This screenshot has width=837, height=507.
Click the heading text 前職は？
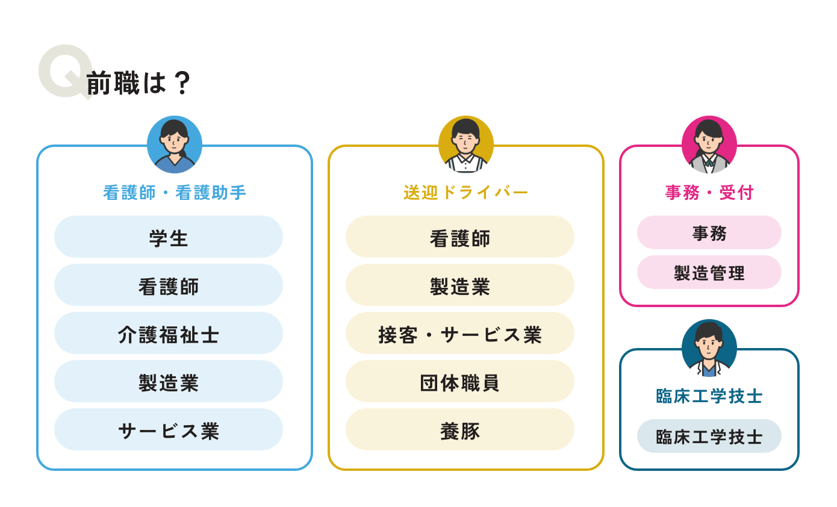click(x=138, y=83)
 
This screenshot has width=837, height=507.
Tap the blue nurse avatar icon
click(x=175, y=145)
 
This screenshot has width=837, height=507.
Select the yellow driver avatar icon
click(x=465, y=145)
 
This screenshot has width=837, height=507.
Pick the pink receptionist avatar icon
click(x=709, y=145)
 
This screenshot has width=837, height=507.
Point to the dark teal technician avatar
click(x=709, y=348)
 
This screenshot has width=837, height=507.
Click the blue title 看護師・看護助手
click(x=175, y=193)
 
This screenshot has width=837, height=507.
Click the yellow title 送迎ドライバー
click(x=465, y=193)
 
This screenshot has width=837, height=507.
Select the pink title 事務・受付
click(x=709, y=193)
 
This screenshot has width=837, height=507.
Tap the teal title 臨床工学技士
click(x=709, y=396)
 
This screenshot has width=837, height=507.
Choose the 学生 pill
click(x=169, y=237)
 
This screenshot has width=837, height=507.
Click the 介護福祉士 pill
click(x=169, y=333)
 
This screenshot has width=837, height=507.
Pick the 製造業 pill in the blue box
click(x=169, y=381)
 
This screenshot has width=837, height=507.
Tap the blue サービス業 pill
click(x=169, y=429)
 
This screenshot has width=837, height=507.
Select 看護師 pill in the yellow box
click(x=460, y=237)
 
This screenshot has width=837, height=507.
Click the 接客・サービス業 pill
click(x=460, y=333)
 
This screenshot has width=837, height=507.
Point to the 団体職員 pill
click(x=460, y=381)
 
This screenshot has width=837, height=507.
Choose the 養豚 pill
click(x=460, y=429)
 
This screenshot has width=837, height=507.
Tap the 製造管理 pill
click(x=709, y=272)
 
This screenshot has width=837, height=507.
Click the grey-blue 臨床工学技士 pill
click(x=709, y=436)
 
